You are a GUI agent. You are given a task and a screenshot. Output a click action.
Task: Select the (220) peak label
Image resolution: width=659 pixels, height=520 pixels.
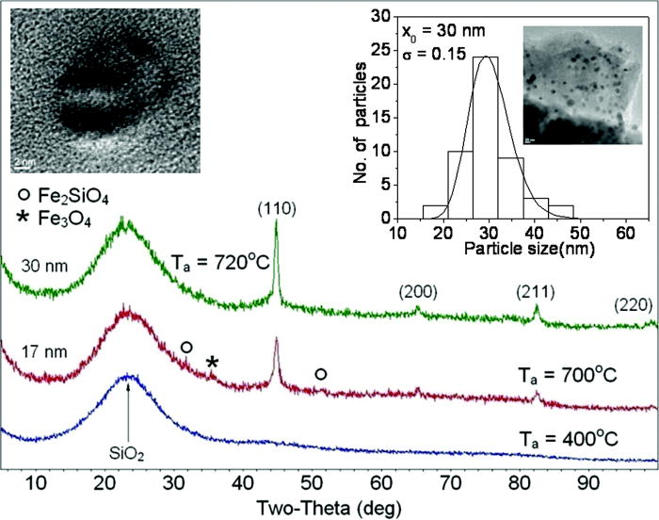click(629, 304)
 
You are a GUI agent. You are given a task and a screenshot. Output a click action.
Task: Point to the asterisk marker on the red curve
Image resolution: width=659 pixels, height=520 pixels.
click(213, 363)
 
